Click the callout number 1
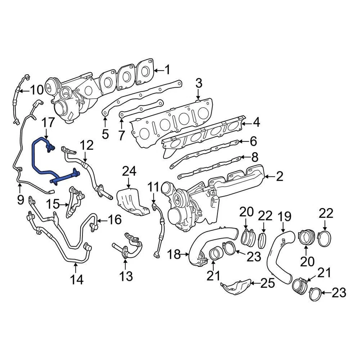pos(167,70)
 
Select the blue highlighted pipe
pos(36,157)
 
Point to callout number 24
pos(129,172)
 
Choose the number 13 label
pos(126,277)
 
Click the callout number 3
pos(199,83)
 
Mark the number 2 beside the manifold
pos(279,176)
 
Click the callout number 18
pos(174,255)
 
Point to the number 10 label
pos(37,90)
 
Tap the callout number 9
pos(20,199)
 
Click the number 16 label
pos(115,220)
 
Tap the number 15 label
pos(53,204)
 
